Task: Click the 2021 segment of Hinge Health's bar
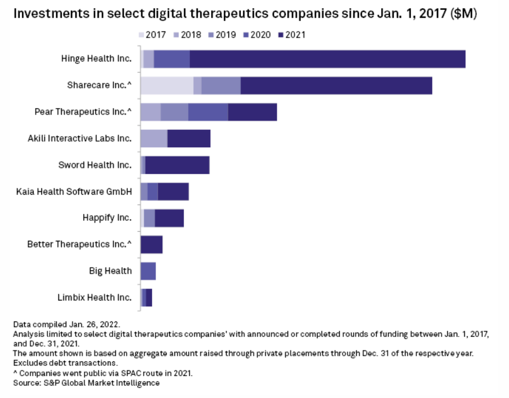click(x=327, y=59)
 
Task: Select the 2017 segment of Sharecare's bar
click(x=167, y=85)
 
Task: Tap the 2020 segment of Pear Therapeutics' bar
click(x=208, y=112)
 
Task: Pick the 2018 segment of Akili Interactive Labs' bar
click(x=154, y=138)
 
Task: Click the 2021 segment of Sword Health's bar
click(x=177, y=165)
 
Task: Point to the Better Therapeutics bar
click(x=151, y=244)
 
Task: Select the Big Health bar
click(x=148, y=271)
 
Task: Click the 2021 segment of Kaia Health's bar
click(x=173, y=192)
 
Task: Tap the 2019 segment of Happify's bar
click(x=149, y=218)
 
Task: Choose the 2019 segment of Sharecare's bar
click(x=221, y=85)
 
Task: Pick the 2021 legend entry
click(x=291, y=34)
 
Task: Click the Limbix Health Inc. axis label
click(x=94, y=297)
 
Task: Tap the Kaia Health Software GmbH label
click(x=74, y=191)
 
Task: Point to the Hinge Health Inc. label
click(x=96, y=59)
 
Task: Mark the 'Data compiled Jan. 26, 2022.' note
click(x=67, y=324)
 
